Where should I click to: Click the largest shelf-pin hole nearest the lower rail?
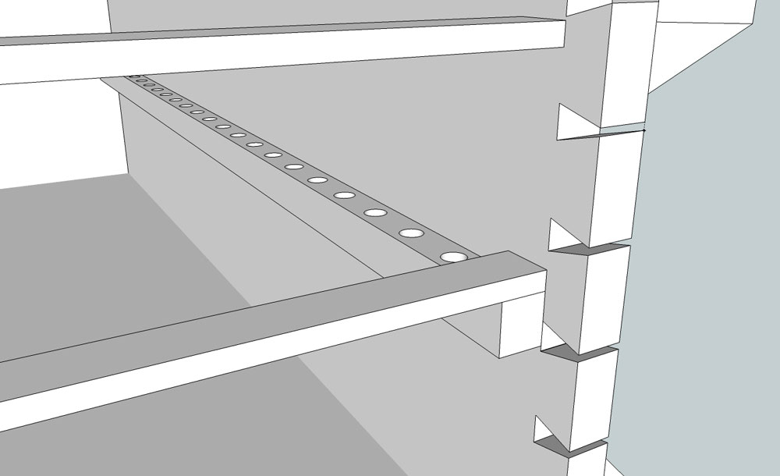click(x=452, y=256)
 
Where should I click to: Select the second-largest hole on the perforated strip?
click(x=411, y=233)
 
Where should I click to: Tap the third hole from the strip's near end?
click(x=375, y=212)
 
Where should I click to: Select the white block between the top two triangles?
click(x=616, y=187)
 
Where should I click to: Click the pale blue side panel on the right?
click(x=710, y=273)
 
